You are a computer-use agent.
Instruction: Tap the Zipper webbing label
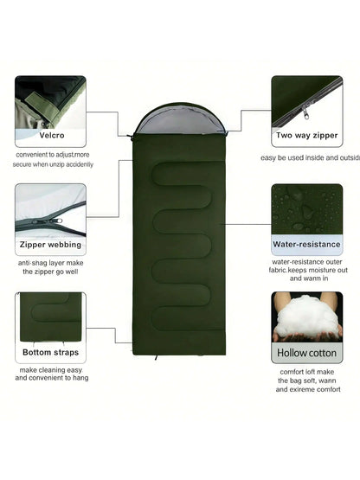click(x=50, y=244)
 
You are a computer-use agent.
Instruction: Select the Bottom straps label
click(x=50, y=352)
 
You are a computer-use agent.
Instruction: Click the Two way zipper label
click(x=307, y=135)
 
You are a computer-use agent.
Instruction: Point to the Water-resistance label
click(x=306, y=244)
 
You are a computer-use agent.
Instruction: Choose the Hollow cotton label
click(x=306, y=353)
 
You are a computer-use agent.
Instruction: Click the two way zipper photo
click(x=306, y=100)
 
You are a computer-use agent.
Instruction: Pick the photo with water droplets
click(x=306, y=208)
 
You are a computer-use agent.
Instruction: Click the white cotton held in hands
click(x=306, y=315)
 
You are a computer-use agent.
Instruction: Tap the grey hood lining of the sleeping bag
click(x=178, y=120)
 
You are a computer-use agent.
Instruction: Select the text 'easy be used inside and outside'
click(x=312, y=157)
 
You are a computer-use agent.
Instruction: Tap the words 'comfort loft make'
click(x=307, y=372)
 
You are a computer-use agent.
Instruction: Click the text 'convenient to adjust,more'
click(x=52, y=155)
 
